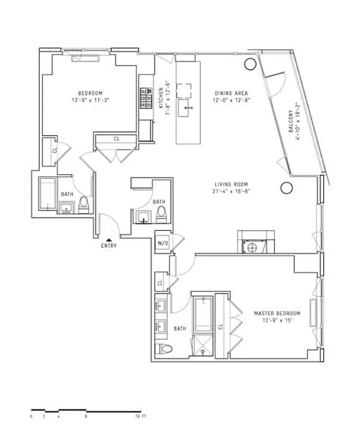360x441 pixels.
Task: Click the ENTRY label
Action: [x=109, y=246]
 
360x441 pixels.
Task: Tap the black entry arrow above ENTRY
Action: [x=109, y=239]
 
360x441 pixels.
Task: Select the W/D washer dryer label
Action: [x=163, y=243]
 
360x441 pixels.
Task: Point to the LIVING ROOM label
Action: [x=231, y=185]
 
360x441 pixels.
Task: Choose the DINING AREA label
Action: [x=230, y=93]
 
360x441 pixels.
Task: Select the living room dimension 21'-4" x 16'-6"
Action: [x=231, y=192]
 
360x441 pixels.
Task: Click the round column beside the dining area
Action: [x=249, y=63]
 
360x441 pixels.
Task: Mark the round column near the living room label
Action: [x=286, y=188]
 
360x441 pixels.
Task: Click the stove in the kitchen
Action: [x=147, y=98]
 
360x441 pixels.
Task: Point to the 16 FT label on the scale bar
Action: [x=141, y=417]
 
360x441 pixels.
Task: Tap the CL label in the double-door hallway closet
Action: [x=116, y=139]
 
